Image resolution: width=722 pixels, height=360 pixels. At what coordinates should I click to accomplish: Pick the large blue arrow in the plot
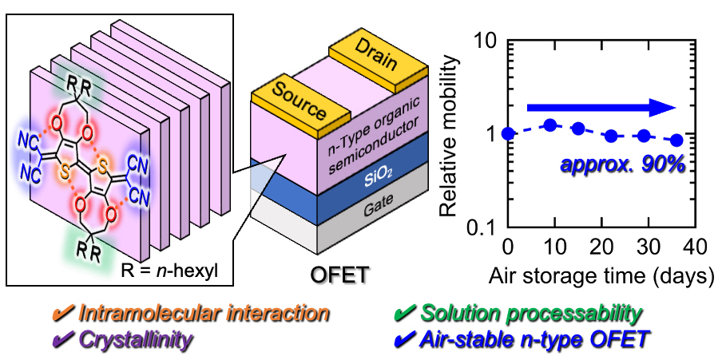[x=600, y=108]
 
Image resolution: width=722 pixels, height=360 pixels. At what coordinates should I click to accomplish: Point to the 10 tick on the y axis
[x=486, y=40]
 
